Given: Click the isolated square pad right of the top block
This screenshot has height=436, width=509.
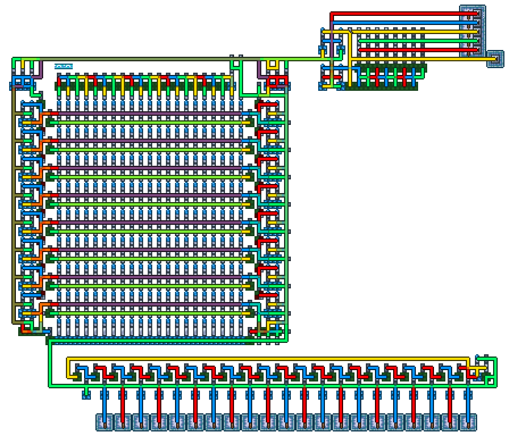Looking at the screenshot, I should coord(495,58).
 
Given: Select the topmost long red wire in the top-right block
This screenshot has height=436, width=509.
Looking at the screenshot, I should coord(403,14).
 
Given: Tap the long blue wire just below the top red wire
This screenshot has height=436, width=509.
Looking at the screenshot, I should coord(403,23).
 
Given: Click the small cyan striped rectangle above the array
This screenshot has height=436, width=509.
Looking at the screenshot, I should coord(64,66).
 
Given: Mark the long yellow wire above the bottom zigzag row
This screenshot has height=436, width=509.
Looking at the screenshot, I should coord(267,359).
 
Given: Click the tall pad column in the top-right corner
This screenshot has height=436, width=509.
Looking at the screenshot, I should coord(472,31).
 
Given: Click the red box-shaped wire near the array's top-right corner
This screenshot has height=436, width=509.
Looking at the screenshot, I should coord(277,82).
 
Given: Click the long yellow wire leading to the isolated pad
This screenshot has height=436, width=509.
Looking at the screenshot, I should coord(420,58).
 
